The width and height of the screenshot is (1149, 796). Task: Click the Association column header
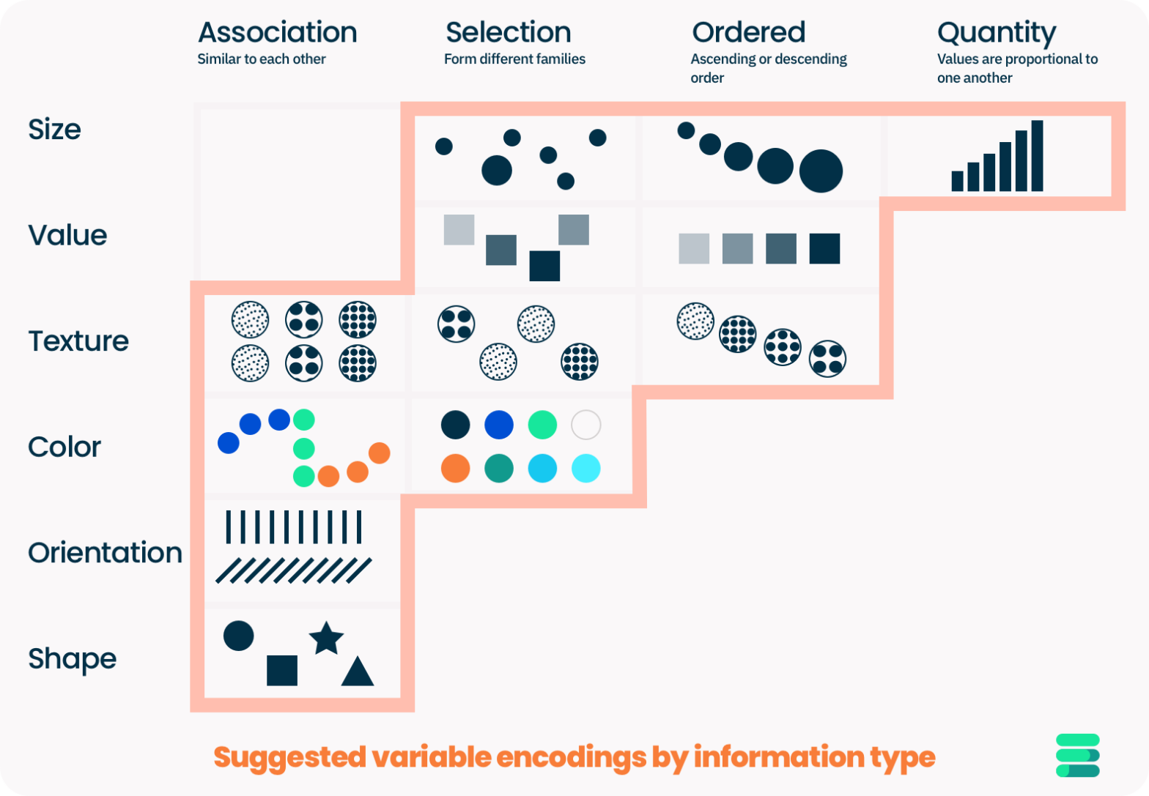(277, 33)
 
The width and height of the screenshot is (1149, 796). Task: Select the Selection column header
(508, 33)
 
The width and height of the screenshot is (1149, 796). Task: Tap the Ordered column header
(748, 33)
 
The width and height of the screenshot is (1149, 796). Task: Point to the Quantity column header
(996, 33)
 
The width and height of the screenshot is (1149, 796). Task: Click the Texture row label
(78, 341)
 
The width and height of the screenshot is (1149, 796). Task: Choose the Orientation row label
(105, 553)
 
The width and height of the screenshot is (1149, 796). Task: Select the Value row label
(67, 236)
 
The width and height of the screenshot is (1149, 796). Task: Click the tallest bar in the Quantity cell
(1037, 156)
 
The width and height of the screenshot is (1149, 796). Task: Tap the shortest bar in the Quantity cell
(957, 181)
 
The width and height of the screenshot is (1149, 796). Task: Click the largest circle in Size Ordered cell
(821, 171)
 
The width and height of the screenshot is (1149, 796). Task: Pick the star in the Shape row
(326, 639)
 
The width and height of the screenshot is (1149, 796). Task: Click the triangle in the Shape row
(358, 672)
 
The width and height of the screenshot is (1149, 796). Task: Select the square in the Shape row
(282, 670)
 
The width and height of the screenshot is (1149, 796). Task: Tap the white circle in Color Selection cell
(585, 425)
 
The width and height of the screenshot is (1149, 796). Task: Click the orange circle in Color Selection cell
(455, 469)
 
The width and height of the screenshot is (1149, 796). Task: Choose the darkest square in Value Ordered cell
(824, 249)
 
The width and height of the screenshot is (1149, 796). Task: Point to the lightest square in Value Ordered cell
(694, 249)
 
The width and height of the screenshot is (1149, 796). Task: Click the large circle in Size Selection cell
(497, 170)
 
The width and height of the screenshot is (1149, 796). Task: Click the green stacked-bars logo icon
(1077, 755)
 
